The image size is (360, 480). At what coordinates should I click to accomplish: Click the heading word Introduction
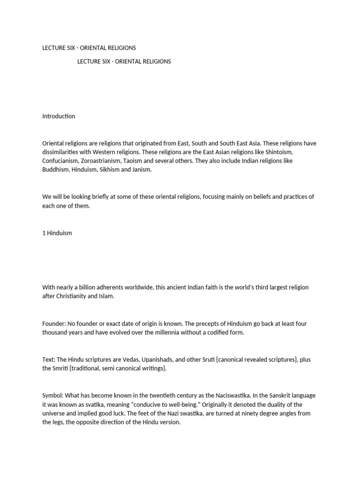tap(59, 116)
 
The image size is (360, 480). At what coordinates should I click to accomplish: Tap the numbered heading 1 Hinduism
tap(57, 233)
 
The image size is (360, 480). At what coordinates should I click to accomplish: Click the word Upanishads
tap(155, 360)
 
